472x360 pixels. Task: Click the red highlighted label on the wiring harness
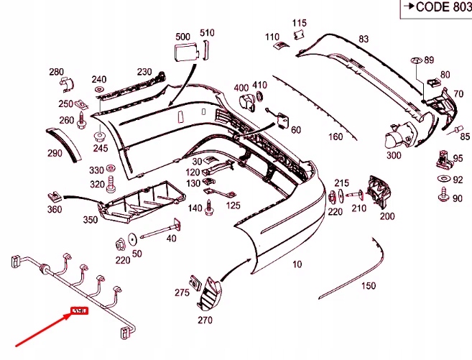78,311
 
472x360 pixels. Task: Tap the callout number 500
182,35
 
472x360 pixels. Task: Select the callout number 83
363,39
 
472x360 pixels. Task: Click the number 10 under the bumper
297,264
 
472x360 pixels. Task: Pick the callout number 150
368,286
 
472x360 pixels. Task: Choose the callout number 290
55,153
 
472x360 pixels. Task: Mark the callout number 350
91,219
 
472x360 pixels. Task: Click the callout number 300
393,154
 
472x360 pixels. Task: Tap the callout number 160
336,137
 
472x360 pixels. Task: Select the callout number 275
182,292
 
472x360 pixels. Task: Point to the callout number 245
100,149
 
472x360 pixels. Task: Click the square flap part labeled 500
184,53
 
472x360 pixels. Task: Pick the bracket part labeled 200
379,190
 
